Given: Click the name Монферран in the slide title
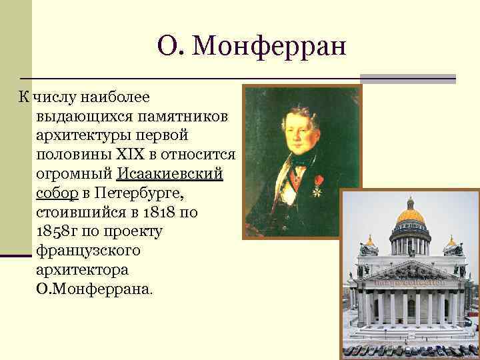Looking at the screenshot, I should point(274,46).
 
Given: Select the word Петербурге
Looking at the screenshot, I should point(139,194).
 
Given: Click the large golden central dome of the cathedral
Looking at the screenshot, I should point(410,217).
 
